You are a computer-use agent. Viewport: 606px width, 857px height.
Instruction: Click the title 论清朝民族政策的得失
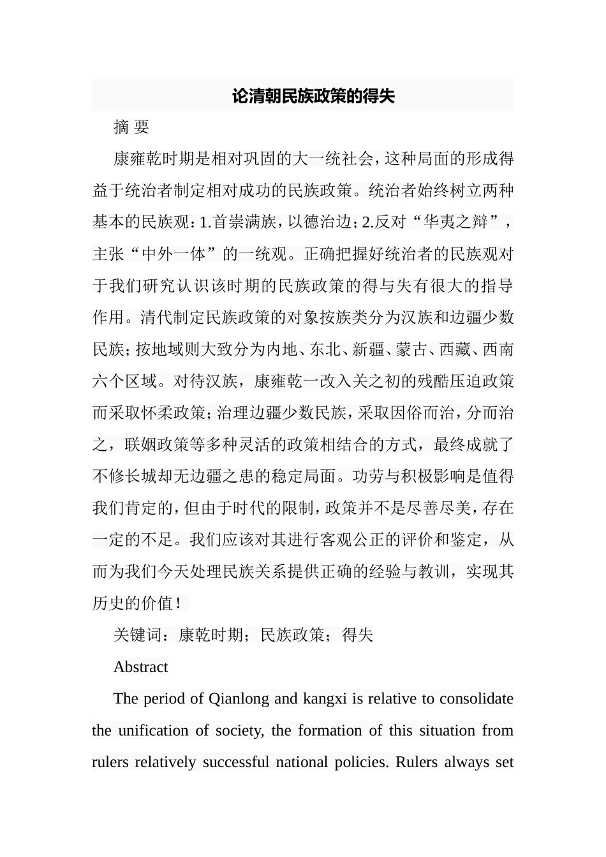(313, 96)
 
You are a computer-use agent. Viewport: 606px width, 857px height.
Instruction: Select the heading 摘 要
(131, 128)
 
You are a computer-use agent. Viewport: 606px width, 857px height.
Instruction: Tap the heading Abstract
(140, 667)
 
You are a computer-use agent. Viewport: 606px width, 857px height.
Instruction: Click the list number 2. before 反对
(367, 223)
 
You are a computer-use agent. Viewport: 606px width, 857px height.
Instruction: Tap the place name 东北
(325, 349)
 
